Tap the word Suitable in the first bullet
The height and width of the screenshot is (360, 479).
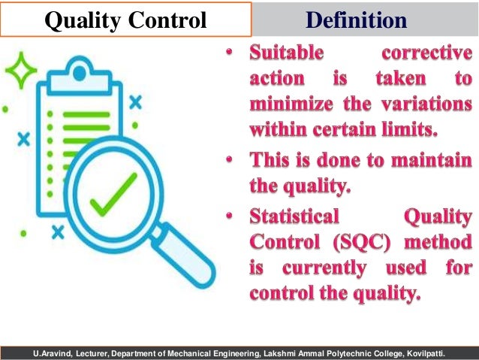pyautogui.click(x=287, y=55)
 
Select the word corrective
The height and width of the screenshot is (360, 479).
pyautogui.click(x=427, y=55)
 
